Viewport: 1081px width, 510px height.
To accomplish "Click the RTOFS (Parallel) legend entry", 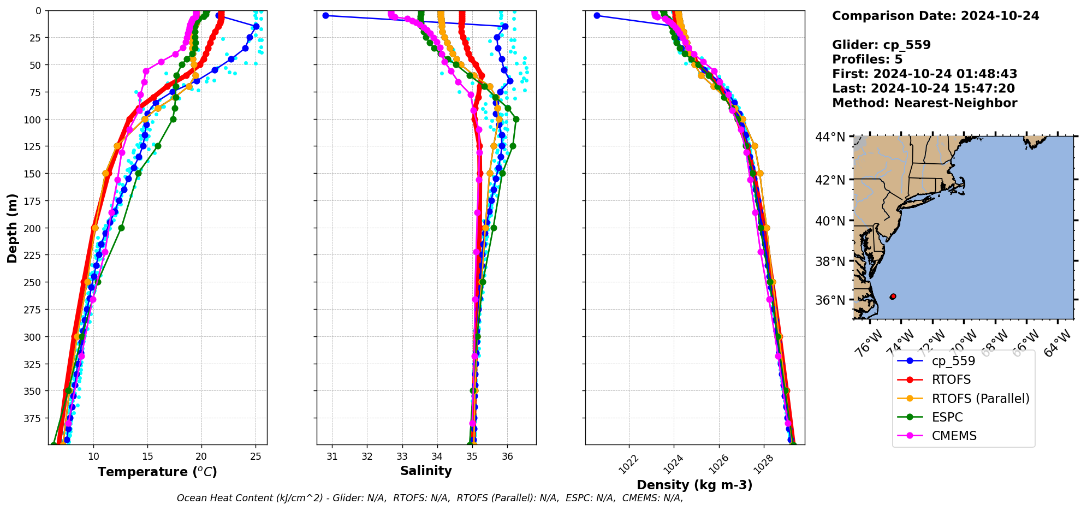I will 980,399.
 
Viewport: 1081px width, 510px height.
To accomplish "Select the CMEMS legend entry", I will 954,436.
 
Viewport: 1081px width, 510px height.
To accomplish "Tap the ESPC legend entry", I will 947,417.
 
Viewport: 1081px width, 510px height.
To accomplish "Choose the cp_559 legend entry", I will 953,361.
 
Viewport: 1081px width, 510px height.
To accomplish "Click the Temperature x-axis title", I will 157,472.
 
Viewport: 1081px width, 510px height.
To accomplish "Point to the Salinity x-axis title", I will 426,471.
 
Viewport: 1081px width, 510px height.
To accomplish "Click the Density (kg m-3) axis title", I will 694,485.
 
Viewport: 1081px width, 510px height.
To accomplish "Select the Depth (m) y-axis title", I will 12,228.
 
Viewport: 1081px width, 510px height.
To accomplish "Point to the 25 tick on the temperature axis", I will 256,456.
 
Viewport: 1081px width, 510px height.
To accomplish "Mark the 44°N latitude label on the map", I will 830,137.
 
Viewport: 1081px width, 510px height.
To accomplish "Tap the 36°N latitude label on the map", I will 830,300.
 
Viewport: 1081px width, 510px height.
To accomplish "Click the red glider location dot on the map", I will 893,296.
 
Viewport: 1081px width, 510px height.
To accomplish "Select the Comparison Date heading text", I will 935,16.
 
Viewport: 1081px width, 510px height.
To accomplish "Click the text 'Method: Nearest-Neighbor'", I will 924,103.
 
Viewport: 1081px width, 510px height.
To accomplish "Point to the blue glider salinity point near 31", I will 325,15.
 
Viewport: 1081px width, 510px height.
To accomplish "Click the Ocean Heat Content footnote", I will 430,498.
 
